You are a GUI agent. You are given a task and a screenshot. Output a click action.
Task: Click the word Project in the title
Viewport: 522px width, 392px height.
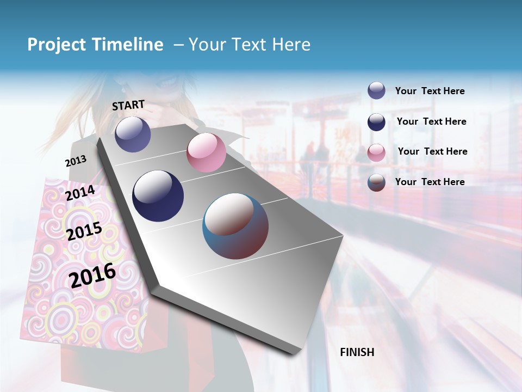point(57,45)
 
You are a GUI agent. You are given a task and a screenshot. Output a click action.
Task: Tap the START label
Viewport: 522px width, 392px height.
point(128,105)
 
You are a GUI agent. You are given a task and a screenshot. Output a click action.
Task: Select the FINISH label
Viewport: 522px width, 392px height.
point(357,352)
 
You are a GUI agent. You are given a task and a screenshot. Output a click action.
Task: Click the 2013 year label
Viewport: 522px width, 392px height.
point(76,161)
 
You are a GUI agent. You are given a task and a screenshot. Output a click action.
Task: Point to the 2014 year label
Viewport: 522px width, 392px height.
point(80,193)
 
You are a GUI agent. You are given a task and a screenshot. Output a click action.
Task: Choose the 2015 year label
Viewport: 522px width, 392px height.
point(84,231)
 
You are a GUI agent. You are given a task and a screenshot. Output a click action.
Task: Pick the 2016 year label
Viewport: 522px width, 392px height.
point(92,275)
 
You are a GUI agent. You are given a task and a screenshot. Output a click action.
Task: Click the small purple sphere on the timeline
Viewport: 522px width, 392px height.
point(133,134)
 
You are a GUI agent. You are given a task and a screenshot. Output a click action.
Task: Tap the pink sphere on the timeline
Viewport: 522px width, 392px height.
point(206,152)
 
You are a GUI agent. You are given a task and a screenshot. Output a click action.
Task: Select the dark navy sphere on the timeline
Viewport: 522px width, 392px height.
point(158,196)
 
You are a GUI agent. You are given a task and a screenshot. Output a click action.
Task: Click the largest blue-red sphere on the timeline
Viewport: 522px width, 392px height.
point(235,226)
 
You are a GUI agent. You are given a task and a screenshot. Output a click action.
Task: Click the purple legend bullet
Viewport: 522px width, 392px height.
point(376,91)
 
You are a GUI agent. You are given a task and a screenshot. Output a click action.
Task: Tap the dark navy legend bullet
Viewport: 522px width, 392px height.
point(376,122)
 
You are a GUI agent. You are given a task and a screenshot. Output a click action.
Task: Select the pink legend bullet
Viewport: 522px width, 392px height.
point(376,152)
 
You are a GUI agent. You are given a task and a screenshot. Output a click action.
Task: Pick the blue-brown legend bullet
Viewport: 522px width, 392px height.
point(376,182)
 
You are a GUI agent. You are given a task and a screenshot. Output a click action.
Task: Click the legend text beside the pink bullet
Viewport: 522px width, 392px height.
point(432,151)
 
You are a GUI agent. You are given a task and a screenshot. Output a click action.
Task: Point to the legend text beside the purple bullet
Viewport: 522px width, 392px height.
point(430,91)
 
